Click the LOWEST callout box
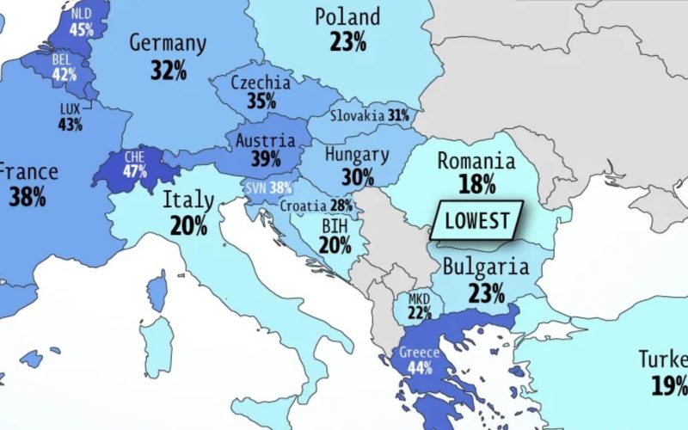[476, 220]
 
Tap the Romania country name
[476, 161]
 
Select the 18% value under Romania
[476, 184]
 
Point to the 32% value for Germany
[168, 70]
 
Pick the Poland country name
[347, 16]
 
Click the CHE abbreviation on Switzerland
[134, 157]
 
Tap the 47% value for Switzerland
[134, 171]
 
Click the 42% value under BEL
[64, 74]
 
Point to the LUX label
[71, 109]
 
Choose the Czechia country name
[261, 83]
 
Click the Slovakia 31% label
[372, 114]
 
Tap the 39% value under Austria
[266, 159]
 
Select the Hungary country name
[356, 156]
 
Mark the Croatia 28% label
[316, 206]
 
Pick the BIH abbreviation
[335, 225]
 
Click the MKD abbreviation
[419, 298]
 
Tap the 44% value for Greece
[419, 368]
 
